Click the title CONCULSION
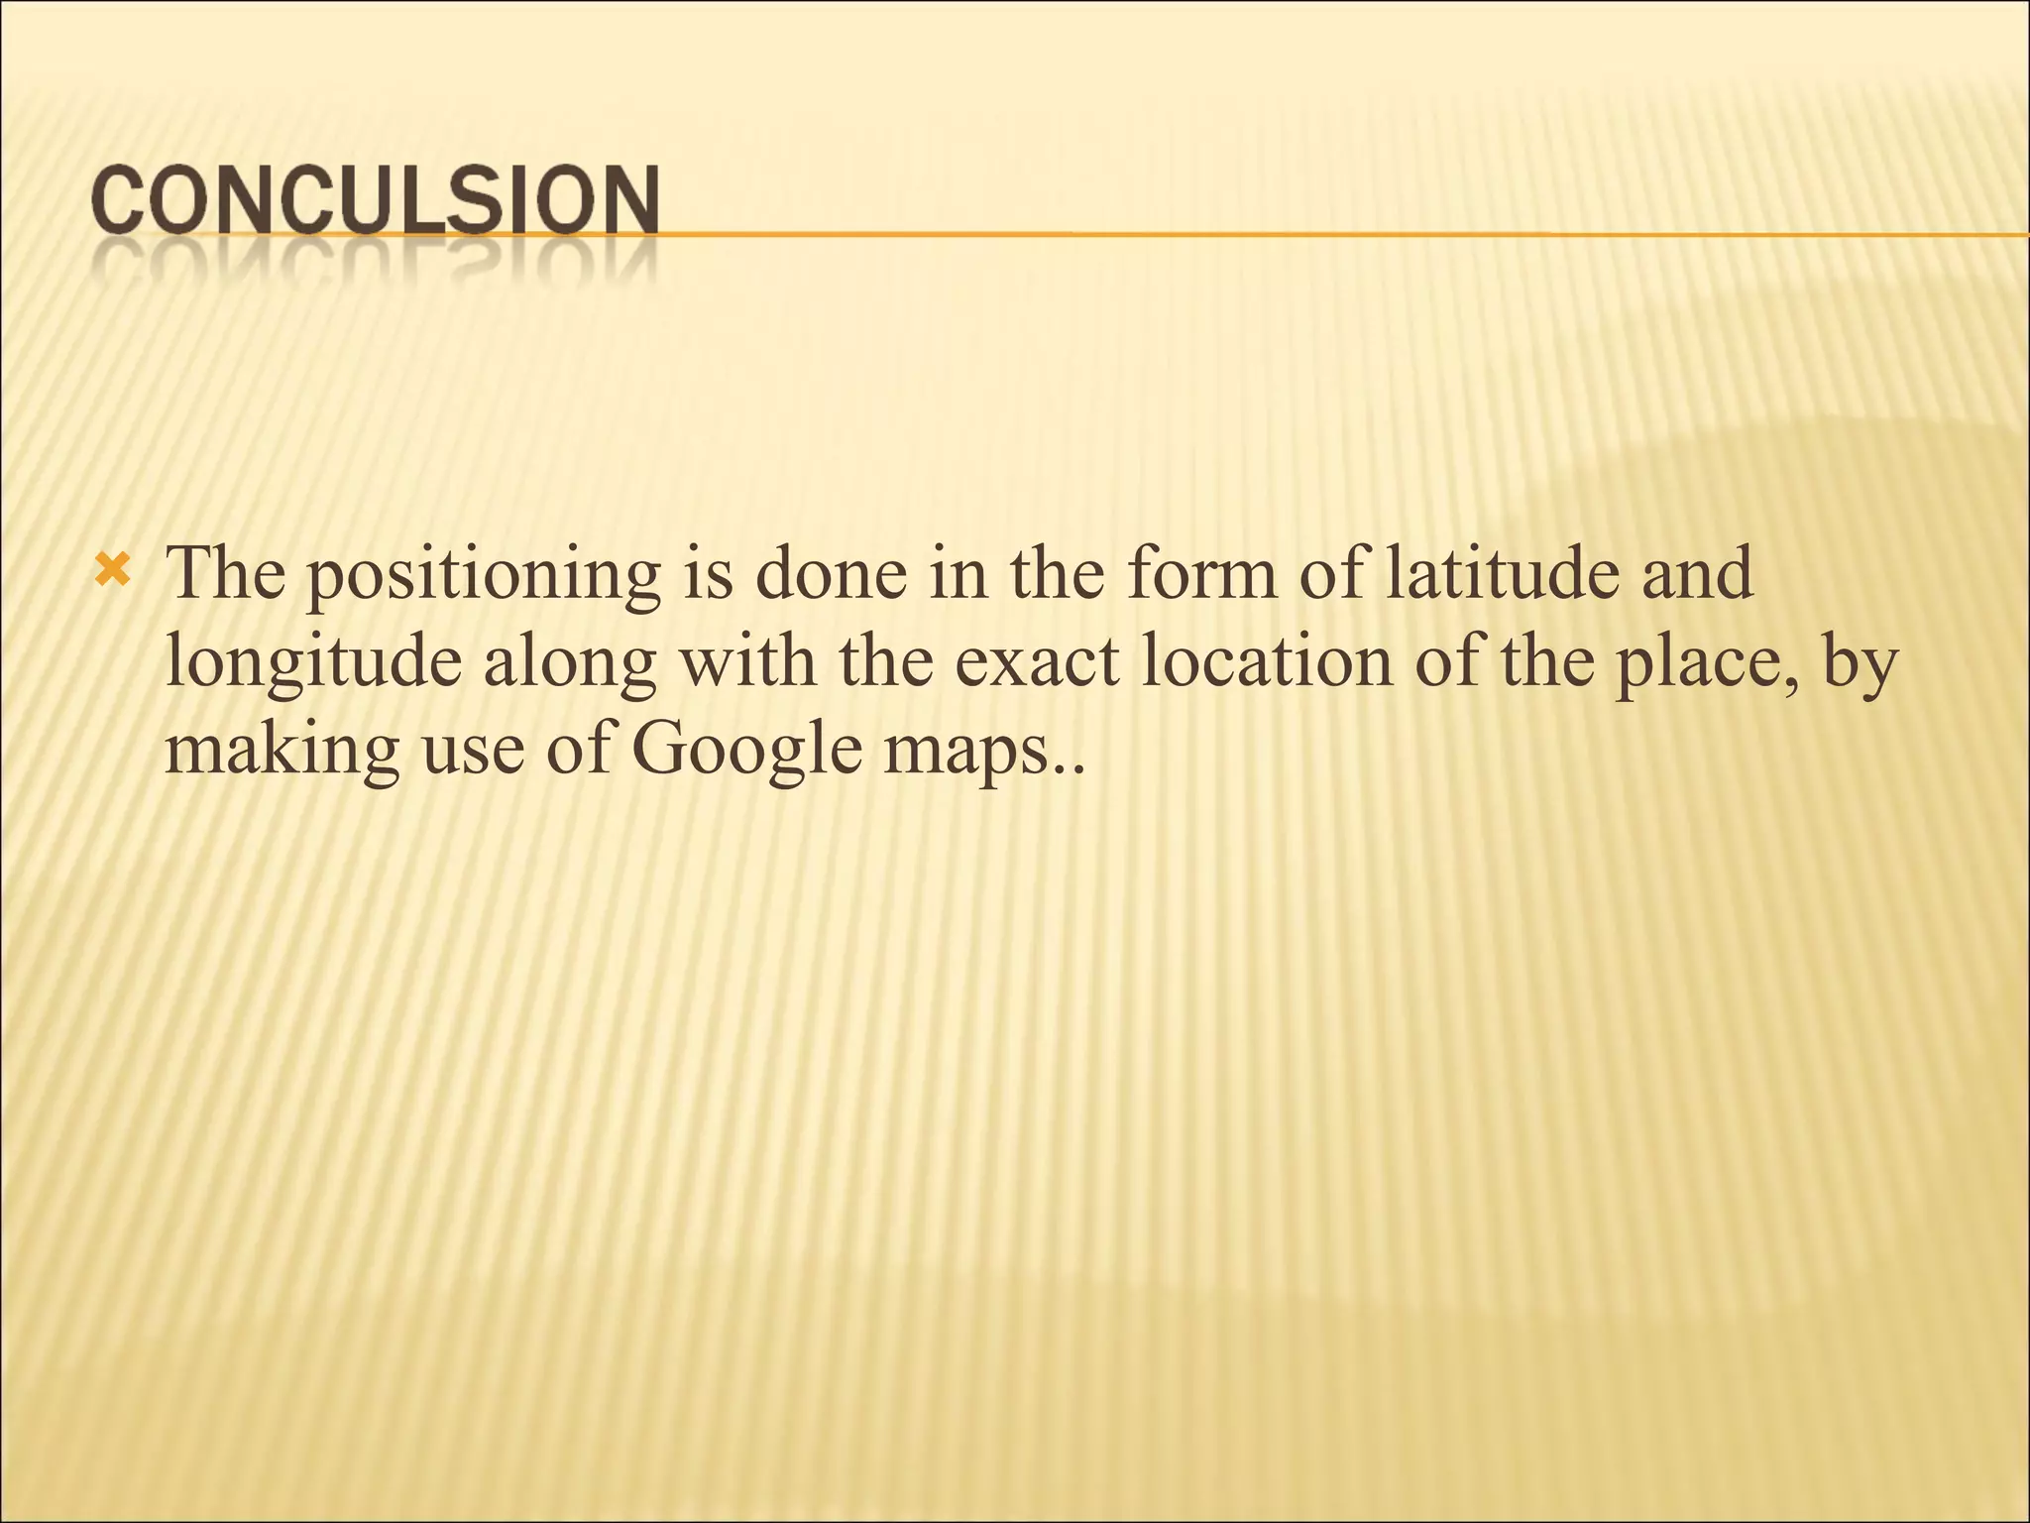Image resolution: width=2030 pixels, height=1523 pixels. coord(376,201)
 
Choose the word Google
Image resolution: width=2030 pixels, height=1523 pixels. coord(746,751)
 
